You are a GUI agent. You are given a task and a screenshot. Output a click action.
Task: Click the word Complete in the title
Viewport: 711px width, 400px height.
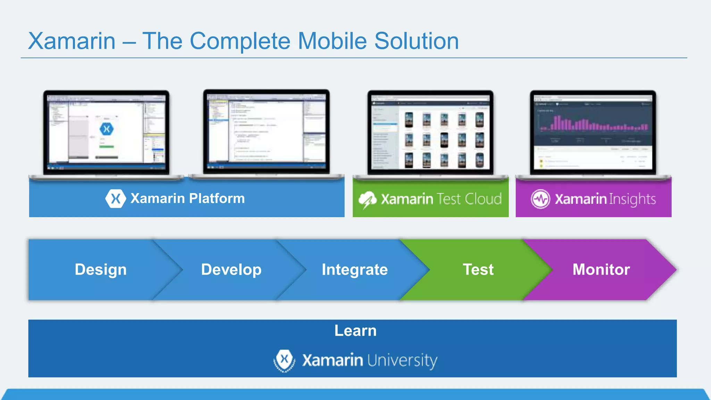[x=240, y=41]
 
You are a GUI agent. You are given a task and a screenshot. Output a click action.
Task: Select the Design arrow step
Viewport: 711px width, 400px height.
[x=101, y=269]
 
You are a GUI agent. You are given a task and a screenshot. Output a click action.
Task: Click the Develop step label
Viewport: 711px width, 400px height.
[x=231, y=269]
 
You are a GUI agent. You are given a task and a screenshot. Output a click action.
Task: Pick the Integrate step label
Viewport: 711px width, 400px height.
[x=354, y=269]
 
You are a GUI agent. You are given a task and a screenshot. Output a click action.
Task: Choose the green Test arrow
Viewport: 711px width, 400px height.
[x=478, y=269]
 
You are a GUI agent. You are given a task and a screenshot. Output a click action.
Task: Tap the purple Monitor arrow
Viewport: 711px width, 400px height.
[x=601, y=269]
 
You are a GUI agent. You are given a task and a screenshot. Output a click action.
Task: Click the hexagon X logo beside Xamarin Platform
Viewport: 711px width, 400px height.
[x=116, y=199]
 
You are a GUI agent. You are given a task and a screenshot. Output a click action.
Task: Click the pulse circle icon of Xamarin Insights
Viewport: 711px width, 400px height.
[x=540, y=199]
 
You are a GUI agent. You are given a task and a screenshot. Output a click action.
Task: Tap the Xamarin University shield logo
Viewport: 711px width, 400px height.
[x=284, y=360]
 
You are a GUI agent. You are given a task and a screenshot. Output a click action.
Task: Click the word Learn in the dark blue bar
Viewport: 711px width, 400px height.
[x=355, y=331]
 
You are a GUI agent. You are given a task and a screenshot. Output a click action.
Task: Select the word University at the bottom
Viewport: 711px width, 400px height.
[x=402, y=360]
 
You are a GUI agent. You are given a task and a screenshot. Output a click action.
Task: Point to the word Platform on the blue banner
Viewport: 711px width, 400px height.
[x=217, y=198]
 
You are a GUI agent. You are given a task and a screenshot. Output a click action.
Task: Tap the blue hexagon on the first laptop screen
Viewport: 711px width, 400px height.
[x=107, y=129]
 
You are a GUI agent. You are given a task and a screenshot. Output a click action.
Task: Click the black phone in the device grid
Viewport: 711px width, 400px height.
[x=444, y=140]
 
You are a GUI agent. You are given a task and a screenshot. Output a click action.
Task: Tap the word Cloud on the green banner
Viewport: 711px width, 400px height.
[x=483, y=199]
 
